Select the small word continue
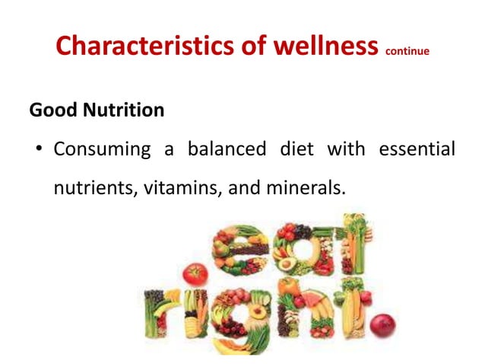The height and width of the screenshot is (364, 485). (407, 52)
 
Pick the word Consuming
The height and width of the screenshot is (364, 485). (102, 148)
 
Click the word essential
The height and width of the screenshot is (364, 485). (416, 148)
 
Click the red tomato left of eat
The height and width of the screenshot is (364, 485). (195, 273)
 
